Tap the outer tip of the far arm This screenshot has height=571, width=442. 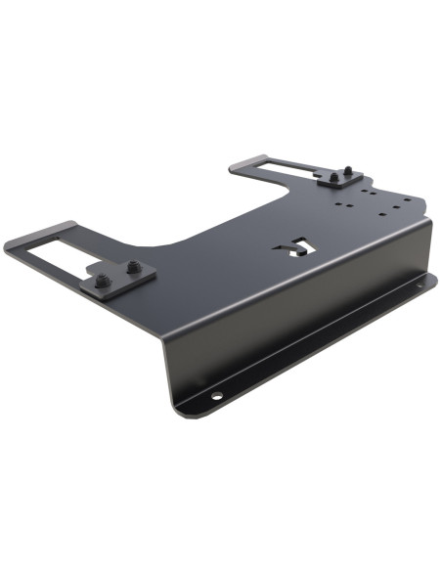click(x=237, y=167)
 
